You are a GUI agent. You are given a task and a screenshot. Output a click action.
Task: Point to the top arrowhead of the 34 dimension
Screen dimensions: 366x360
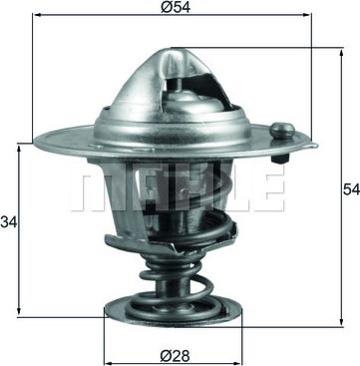[x=19, y=147]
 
